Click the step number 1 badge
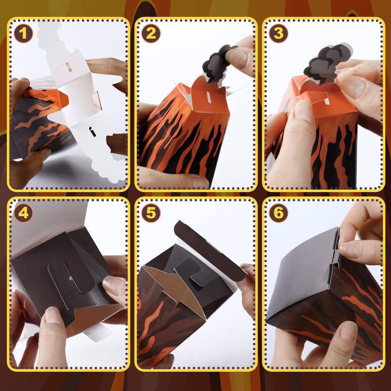pos(23,33)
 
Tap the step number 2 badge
pos(151,33)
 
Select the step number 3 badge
pos(279,33)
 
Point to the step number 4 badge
pos(23,213)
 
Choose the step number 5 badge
pos(151,213)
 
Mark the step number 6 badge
pos(279,213)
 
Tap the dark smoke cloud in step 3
pos(324,62)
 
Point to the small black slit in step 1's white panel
pos(92,132)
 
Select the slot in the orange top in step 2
pos(207,96)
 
